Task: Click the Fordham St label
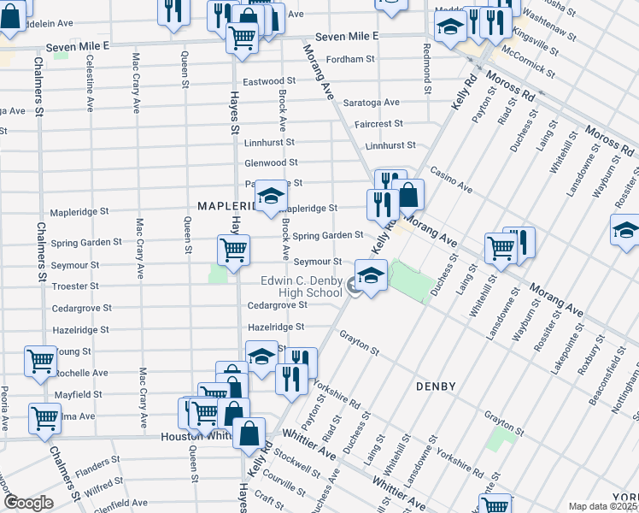(x=352, y=59)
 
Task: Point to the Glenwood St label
(x=271, y=162)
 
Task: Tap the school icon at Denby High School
(x=371, y=275)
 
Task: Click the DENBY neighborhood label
(x=437, y=387)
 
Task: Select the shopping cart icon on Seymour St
(x=233, y=249)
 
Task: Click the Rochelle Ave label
(x=86, y=373)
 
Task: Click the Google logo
(x=27, y=503)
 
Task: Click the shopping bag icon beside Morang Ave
(x=408, y=194)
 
